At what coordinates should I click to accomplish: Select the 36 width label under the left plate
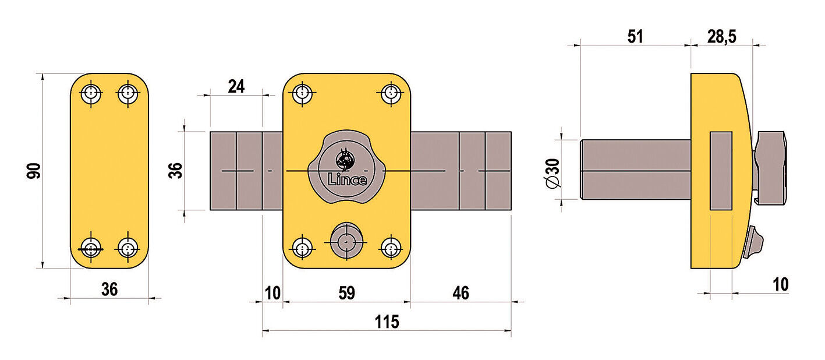point(109,289)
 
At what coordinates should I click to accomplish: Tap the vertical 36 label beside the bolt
point(175,170)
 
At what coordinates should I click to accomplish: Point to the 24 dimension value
point(236,86)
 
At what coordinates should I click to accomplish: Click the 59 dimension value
point(346,293)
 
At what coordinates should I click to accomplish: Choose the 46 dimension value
point(460,293)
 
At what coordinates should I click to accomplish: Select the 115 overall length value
point(387,322)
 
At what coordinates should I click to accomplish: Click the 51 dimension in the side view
point(635,36)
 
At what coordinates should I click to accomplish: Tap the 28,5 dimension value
point(721,36)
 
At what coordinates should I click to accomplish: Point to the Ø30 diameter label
point(554,174)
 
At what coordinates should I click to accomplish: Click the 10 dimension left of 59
point(272,293)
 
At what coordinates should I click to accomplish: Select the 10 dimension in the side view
point(780,284)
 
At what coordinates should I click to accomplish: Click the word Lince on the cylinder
point(348,179)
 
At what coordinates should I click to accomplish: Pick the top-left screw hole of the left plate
point(91,93)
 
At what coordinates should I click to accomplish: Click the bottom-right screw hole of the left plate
point(128,248)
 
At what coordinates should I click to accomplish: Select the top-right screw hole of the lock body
point(392,93)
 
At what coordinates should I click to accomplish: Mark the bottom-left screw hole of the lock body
point(302,248)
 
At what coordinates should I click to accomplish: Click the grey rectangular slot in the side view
point(721,171)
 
